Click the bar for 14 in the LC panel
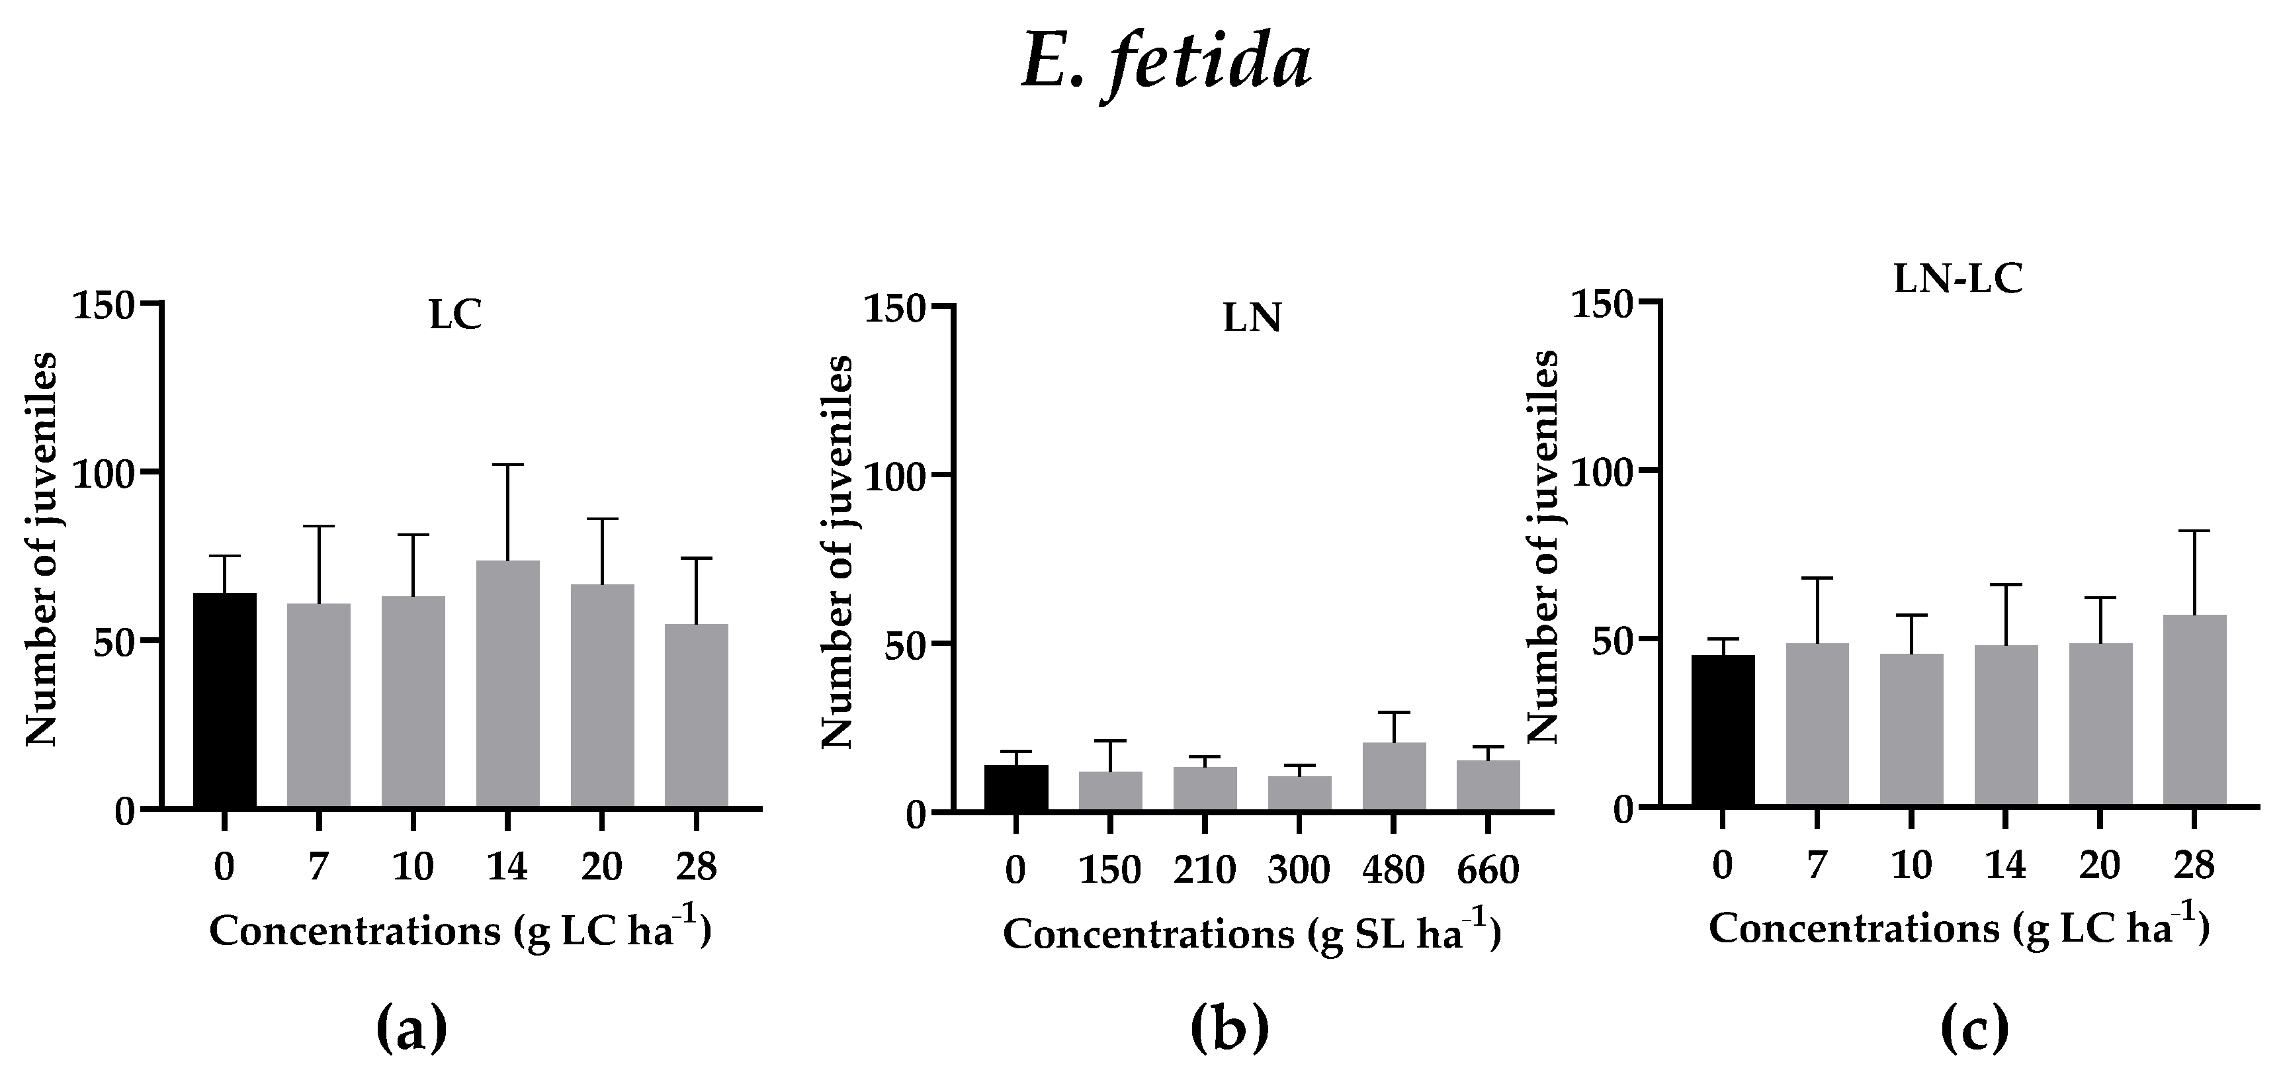(507, 684)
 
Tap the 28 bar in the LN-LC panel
(2194, 710)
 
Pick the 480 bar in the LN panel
(1394, 776)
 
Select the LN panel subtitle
(1252, 319)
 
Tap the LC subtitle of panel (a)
(455, 316)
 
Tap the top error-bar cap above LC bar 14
(507, 465)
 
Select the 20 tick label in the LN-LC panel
(2100, 864)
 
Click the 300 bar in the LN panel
(1299, 793)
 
